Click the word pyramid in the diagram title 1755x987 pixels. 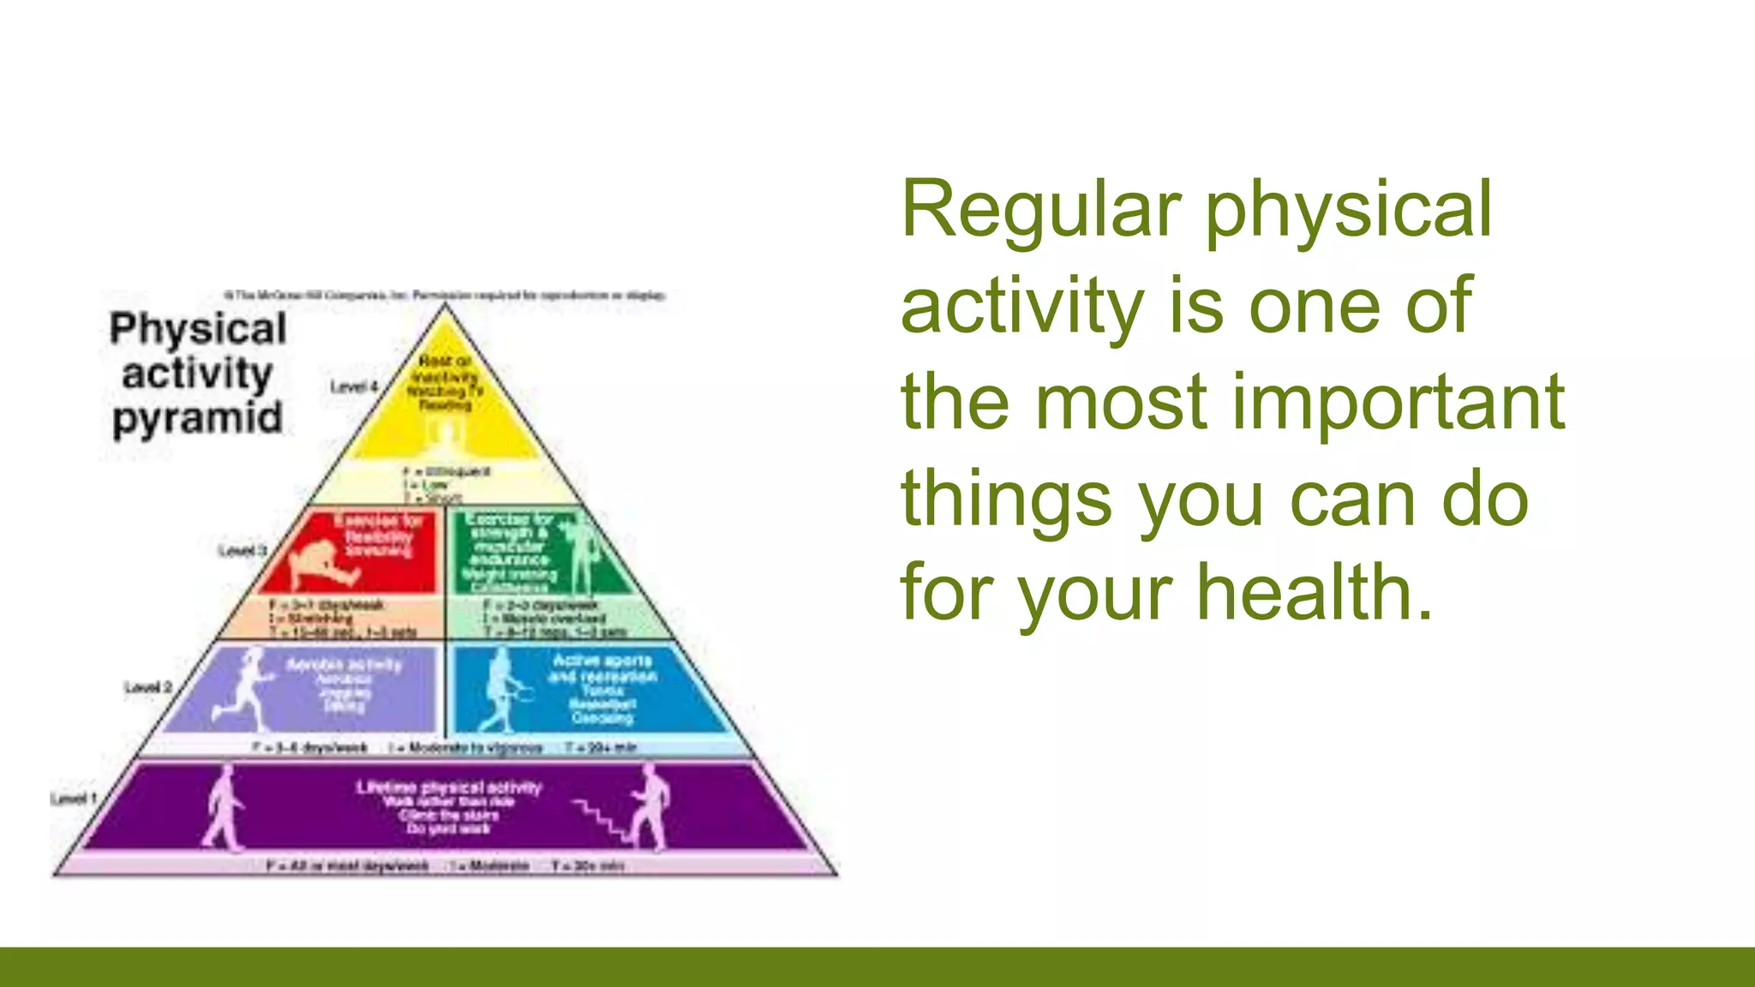coord(197,419)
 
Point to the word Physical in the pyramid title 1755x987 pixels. coord(198,330)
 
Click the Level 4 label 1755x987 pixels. coord(354,387)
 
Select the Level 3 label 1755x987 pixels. coord(243,550)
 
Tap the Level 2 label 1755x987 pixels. coord(147,687)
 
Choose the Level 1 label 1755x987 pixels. coord(73,799)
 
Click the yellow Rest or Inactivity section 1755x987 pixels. coord(445,403)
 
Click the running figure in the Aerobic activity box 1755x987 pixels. coord(244,690)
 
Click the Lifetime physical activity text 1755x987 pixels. coord(449,787)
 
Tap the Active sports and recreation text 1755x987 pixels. coord(602,668)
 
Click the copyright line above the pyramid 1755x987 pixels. coord(445,295)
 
